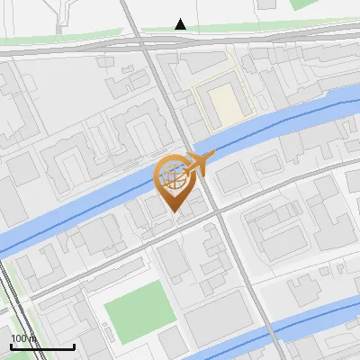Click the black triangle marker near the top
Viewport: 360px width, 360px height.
click(181, 24)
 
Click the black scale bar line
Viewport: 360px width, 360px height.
click(42, 346)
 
